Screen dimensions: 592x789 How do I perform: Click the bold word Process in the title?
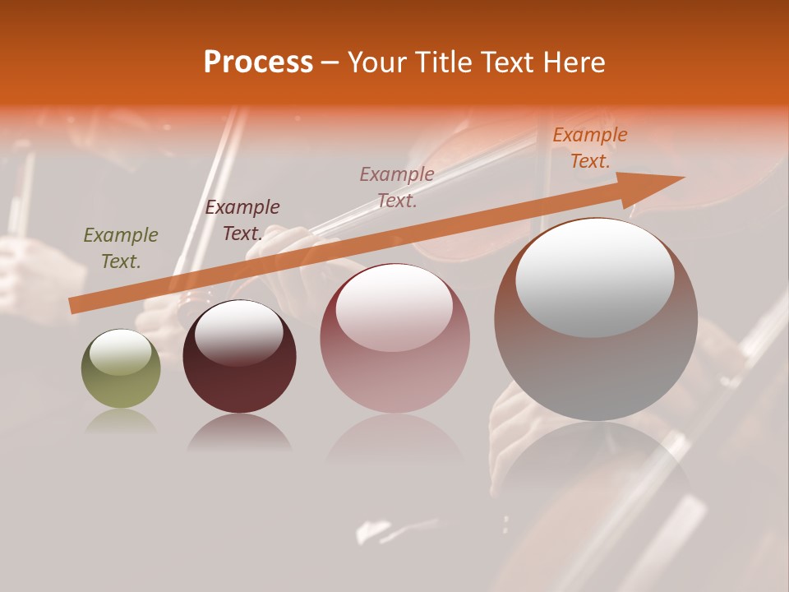pyautogui.click(x=258, y=62)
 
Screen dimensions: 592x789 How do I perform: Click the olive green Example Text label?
pyautogui.click(x=121, y=247)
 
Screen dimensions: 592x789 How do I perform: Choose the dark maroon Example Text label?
pyautogui.click(x=242, y=220)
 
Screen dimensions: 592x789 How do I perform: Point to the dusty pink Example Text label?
pyautogui.click(x=397, y=187)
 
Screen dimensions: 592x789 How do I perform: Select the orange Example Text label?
pyautogui.click(x=590, y=148)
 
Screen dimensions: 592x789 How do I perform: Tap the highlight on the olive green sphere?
pyautogui.click(x=121, y=353)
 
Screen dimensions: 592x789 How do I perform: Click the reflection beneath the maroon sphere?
pyautogui.click(x=239, y=432)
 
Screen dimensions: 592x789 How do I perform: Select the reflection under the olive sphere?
pyautogui.click(x=121, y=421)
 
